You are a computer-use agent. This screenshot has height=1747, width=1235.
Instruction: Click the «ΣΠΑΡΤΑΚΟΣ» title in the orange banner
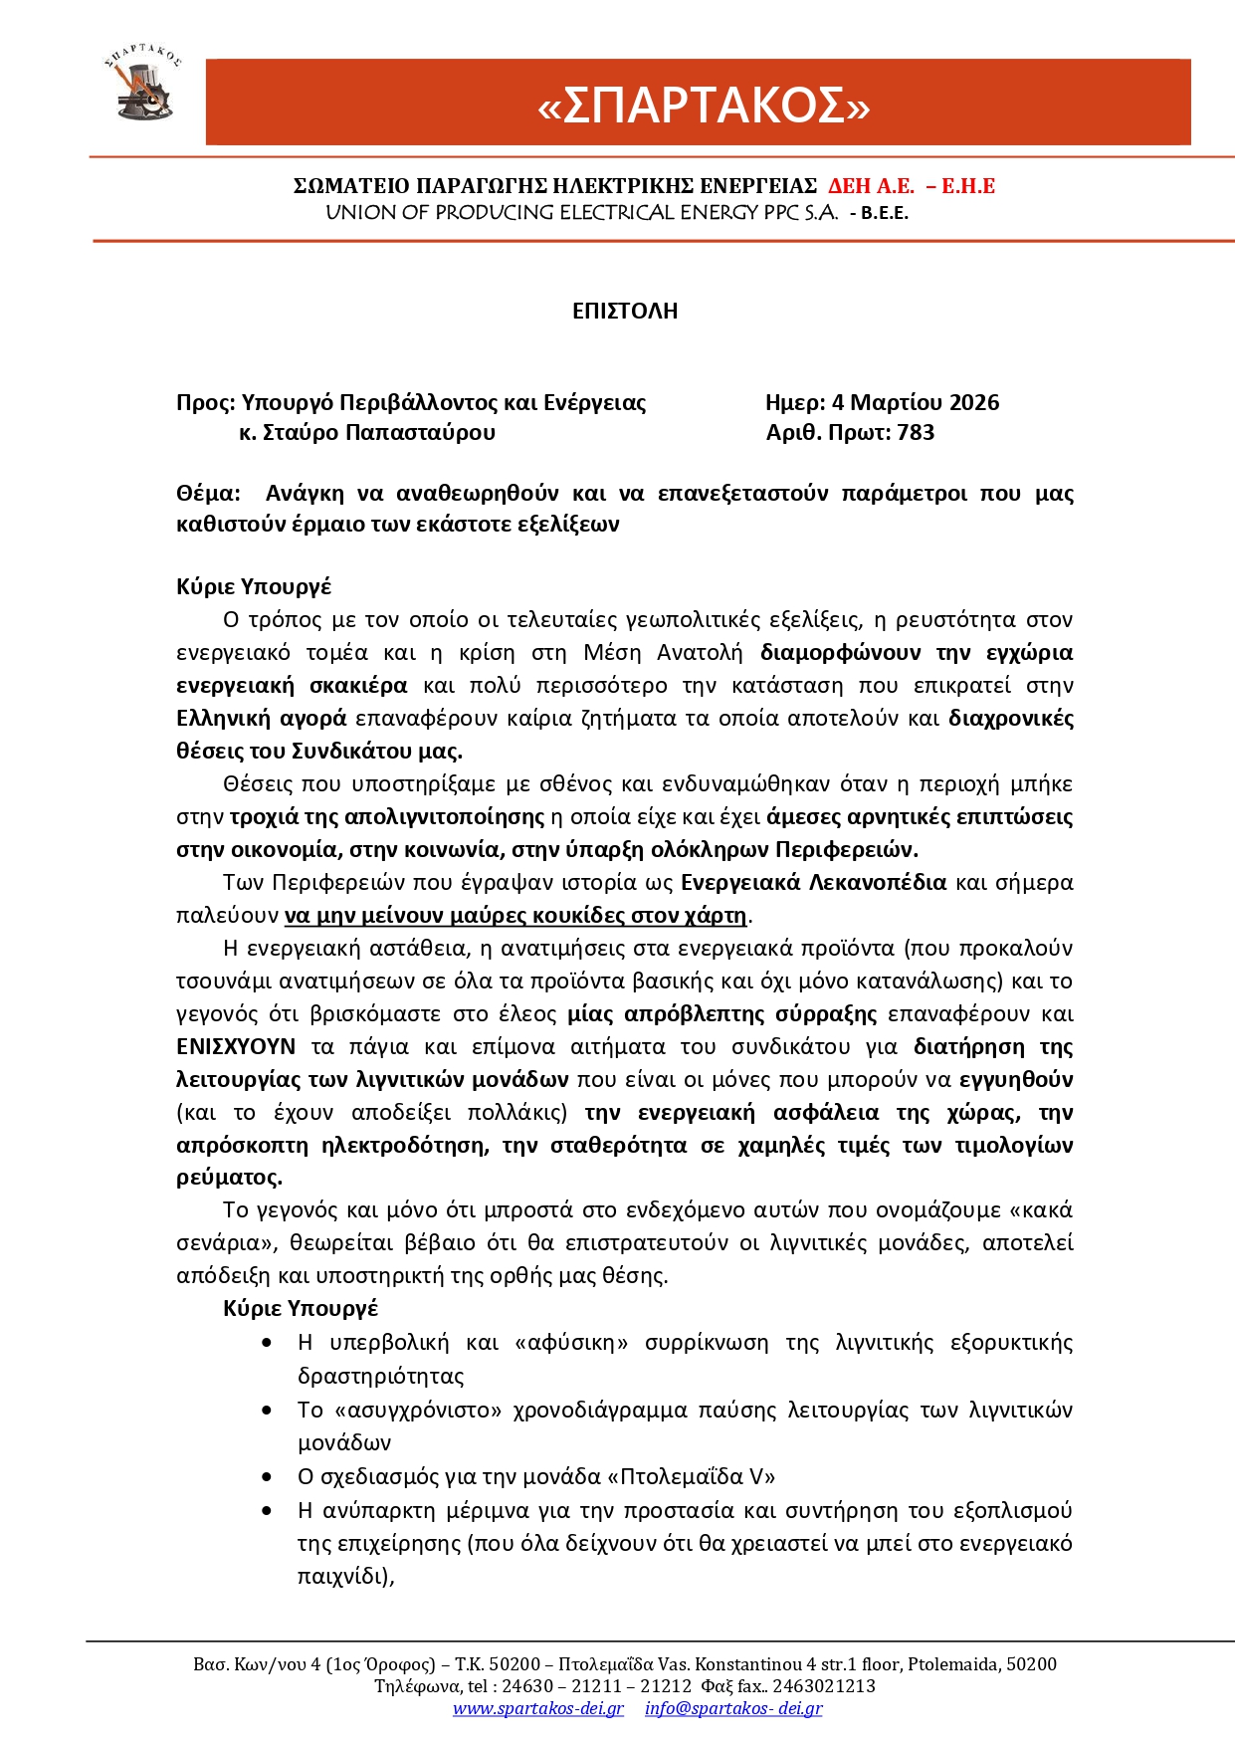703,105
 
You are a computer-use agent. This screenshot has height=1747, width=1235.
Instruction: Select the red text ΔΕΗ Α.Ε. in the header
871,186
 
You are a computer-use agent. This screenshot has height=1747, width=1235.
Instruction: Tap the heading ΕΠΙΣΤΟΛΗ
625,311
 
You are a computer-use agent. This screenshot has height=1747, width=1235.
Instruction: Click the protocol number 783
916,432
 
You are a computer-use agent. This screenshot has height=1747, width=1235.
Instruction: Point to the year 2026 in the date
974,402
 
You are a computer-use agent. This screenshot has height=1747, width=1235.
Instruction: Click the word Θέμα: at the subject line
208,494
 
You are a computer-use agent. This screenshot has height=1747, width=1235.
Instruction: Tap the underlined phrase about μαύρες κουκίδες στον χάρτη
515,915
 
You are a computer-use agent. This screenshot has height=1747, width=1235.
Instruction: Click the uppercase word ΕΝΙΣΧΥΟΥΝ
236,1046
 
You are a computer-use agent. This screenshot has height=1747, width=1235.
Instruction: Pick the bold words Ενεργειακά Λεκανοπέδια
813,882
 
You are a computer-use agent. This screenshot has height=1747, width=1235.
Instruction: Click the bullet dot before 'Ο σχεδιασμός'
267,1477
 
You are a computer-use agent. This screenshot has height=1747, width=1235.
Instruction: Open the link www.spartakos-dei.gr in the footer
538,1708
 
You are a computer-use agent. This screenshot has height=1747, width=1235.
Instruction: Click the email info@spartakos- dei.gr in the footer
733,1708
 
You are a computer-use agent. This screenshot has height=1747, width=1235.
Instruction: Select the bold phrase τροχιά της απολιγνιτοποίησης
387,817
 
